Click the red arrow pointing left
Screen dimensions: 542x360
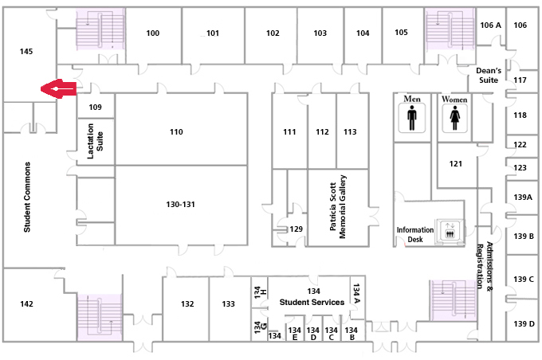point(58,88)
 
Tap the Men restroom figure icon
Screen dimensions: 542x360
point(412,117)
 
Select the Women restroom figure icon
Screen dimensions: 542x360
point(454,118)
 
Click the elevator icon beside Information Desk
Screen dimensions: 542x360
point(450,230)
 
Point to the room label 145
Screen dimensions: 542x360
point(26,52)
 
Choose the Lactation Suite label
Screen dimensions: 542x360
point(95,141)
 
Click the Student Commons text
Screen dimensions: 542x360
point(27,197)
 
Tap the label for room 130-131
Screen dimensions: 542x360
point(180,204)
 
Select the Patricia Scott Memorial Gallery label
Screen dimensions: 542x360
point(338,206)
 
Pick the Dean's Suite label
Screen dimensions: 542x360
point(489,76)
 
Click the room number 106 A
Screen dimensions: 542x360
point(490,25)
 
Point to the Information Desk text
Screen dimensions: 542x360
point(414,235)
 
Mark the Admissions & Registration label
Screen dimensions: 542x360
point(485,265)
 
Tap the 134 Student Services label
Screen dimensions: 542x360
point(312,297)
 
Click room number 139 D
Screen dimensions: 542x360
point(524,323)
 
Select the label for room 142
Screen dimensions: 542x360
point(26,303)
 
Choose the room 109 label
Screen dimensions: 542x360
point(95,107)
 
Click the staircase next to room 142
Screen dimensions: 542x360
point(100,318)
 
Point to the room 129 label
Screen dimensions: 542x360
point(296,229)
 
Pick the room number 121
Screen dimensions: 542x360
point(456,164)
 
